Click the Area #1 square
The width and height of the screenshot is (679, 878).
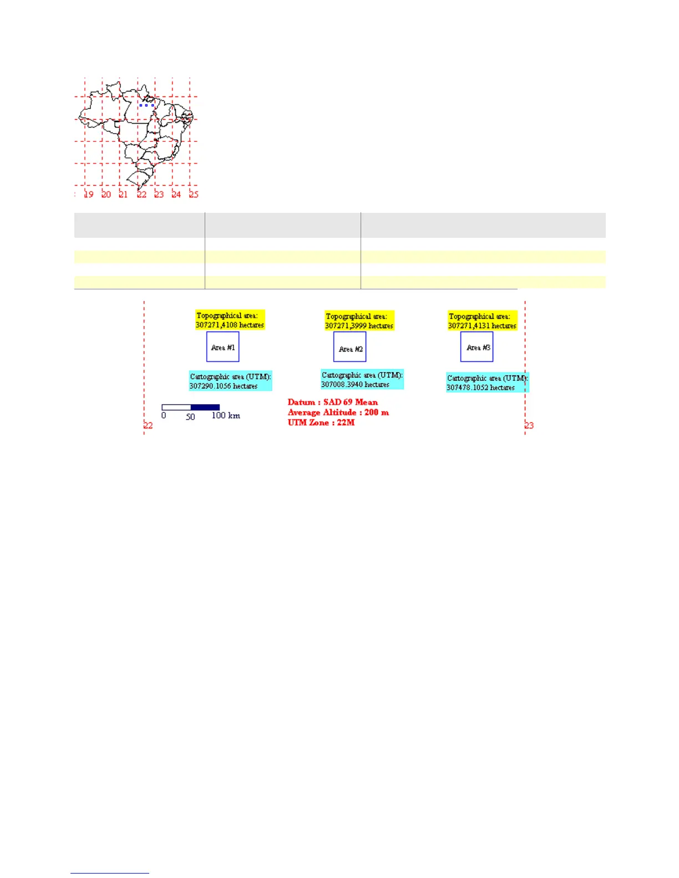222,346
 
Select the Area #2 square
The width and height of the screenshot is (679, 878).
349,347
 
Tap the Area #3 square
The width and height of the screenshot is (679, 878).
477,346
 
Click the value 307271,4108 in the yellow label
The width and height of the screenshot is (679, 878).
216,325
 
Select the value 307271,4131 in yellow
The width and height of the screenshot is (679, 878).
469,326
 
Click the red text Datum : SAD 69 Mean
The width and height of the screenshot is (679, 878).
332,402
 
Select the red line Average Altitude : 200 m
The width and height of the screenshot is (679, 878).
338,412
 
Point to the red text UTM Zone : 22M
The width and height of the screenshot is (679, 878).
321,422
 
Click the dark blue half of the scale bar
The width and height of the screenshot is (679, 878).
205,407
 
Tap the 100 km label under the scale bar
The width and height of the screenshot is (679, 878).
225,416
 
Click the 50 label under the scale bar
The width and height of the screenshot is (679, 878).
190,417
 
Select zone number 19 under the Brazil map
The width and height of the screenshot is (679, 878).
89,195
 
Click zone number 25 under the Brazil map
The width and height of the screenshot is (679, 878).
194,195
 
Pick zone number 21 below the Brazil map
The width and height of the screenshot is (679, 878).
123,195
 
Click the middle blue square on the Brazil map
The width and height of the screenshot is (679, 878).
146,105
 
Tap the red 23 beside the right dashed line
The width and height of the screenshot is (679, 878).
529,426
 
